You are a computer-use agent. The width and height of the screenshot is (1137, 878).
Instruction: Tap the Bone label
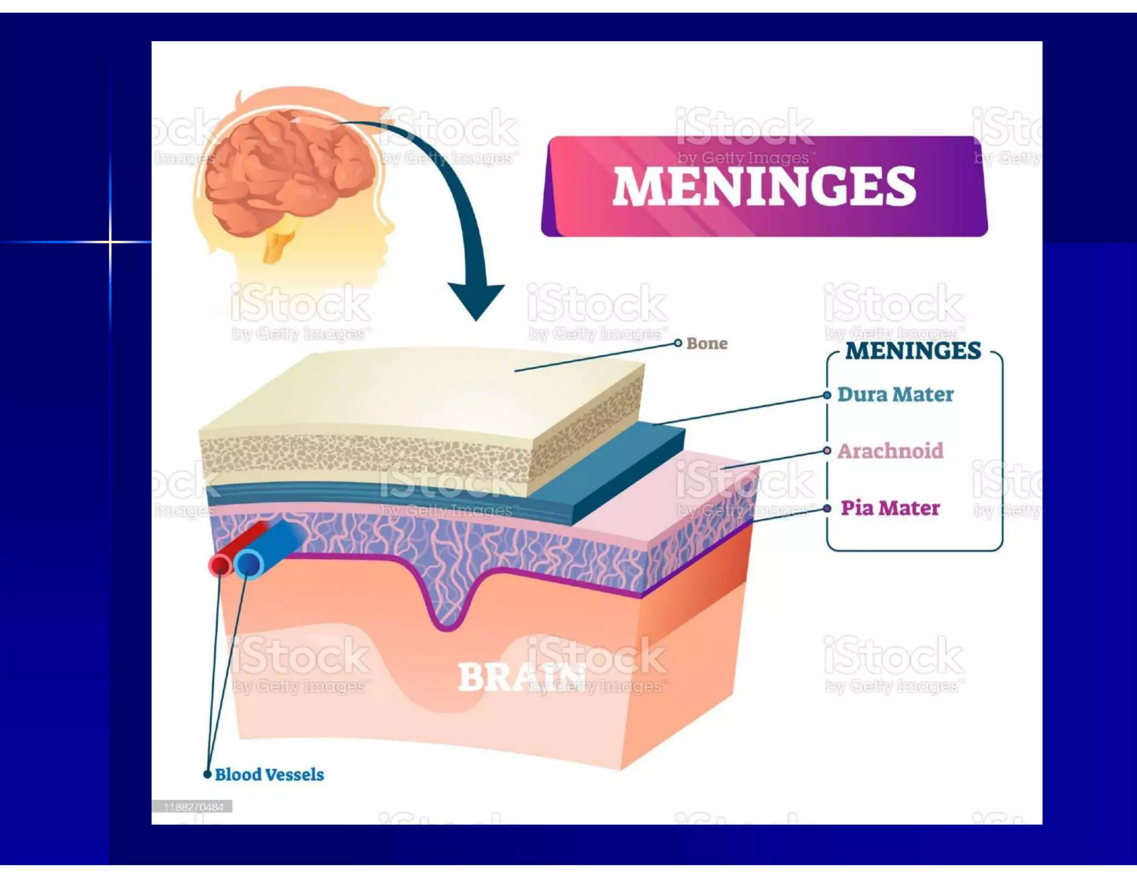(706, 344)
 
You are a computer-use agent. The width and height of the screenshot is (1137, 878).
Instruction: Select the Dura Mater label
(895, 395)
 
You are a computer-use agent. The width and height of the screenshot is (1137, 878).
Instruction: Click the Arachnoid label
(890, 451)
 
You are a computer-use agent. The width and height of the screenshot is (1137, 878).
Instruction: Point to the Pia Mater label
(890, 508)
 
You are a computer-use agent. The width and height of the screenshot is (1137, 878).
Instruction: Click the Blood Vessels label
(269, 775)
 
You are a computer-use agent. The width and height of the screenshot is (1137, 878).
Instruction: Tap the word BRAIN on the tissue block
(522, 677)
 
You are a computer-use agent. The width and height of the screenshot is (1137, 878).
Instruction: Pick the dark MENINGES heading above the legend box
(913, 351)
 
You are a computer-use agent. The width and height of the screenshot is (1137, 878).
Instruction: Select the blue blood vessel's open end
(249, 564)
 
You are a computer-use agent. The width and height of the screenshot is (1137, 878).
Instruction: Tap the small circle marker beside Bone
(678, 343)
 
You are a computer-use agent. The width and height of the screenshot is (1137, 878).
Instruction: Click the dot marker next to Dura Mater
(827, 395)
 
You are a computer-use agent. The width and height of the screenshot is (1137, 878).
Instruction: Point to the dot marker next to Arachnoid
(827, 451)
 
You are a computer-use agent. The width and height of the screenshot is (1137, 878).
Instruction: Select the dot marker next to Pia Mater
(827, 508)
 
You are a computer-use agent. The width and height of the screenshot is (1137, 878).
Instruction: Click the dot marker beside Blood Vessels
(207, 775)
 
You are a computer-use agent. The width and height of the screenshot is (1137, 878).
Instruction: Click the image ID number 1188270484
(193, 807)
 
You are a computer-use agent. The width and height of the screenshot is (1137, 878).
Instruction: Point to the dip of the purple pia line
(447, 626)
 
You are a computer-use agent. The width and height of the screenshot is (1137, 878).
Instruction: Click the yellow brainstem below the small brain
(280, 239)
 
